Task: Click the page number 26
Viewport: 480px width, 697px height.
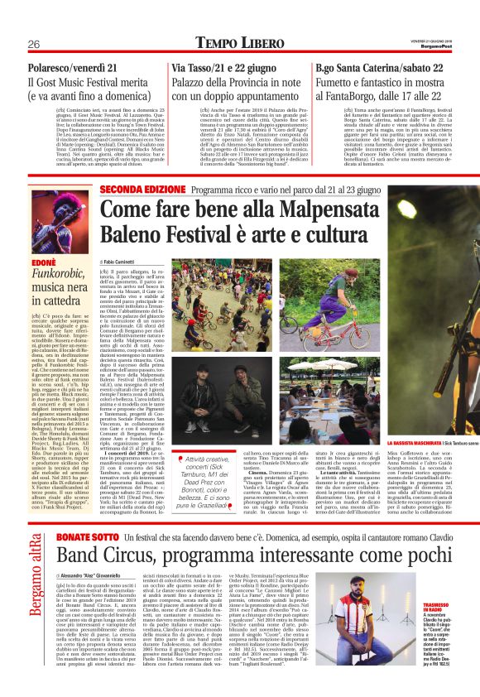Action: [x=34, y=43]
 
